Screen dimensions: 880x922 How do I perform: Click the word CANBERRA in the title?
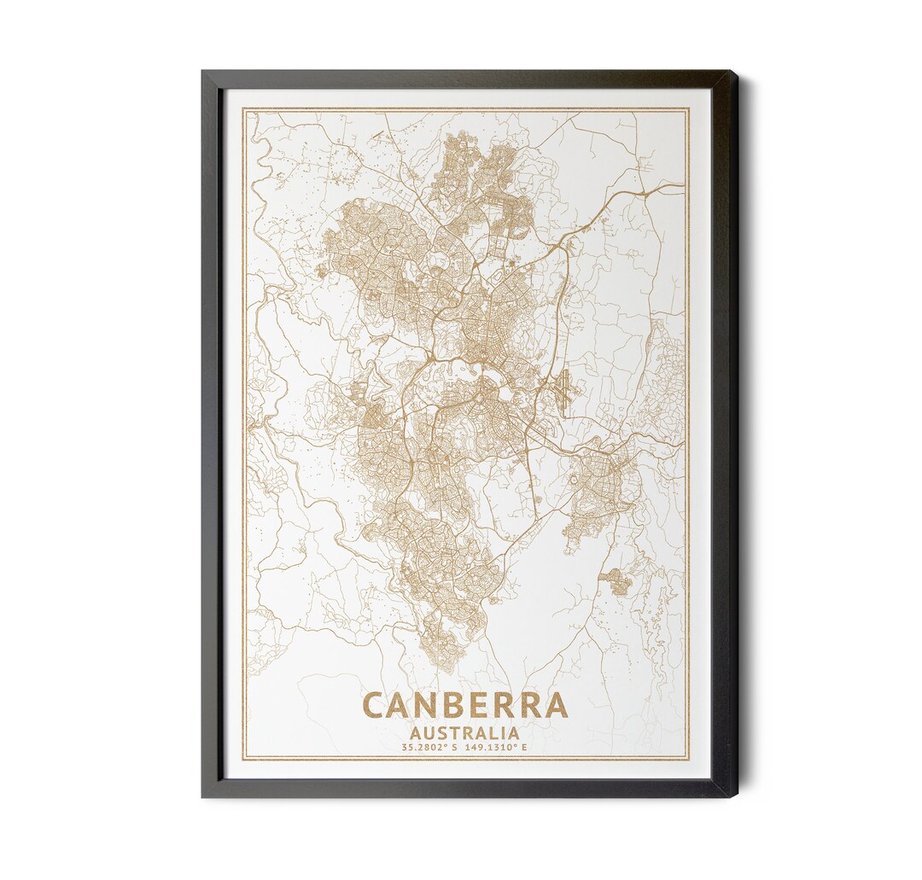click(465, 705)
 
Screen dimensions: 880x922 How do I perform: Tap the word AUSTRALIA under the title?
click(465, 732)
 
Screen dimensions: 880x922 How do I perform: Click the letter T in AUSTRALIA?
click(452, 732)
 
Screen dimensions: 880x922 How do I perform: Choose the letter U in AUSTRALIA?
click(427, 732)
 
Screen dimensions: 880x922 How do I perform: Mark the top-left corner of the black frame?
click(203, 72)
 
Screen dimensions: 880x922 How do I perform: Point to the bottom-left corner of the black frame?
click(203, 795)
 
